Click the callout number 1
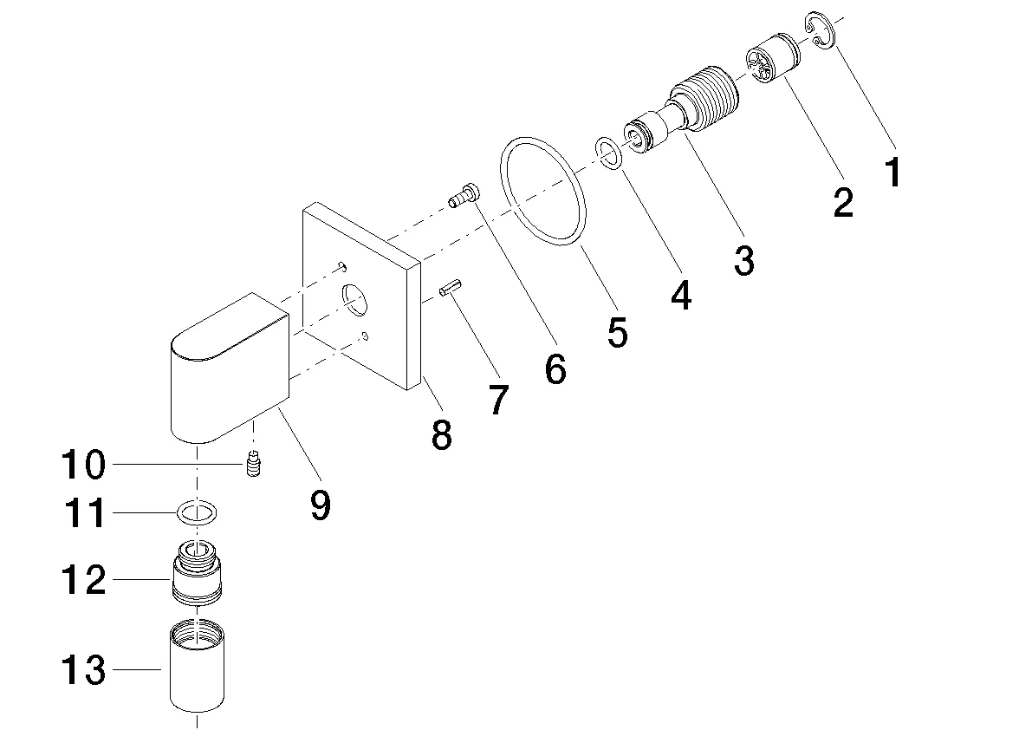[892, 172]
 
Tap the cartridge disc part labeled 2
[773, 60]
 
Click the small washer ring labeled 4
[608, 153]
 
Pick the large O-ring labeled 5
[543, 192]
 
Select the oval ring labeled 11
[198, 513]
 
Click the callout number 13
[83, 670]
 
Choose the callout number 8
[441, 433]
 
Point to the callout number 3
[743, 259]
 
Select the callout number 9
[320, 505]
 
